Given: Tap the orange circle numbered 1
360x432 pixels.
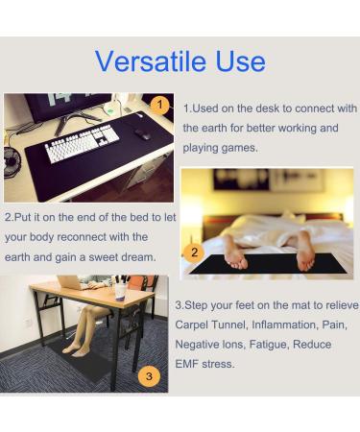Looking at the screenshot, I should coord(161,105).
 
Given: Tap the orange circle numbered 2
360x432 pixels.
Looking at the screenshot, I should coord(194,253).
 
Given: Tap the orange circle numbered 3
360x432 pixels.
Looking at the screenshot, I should coord(148,375).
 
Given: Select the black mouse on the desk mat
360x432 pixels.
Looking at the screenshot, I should coord(142,134).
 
